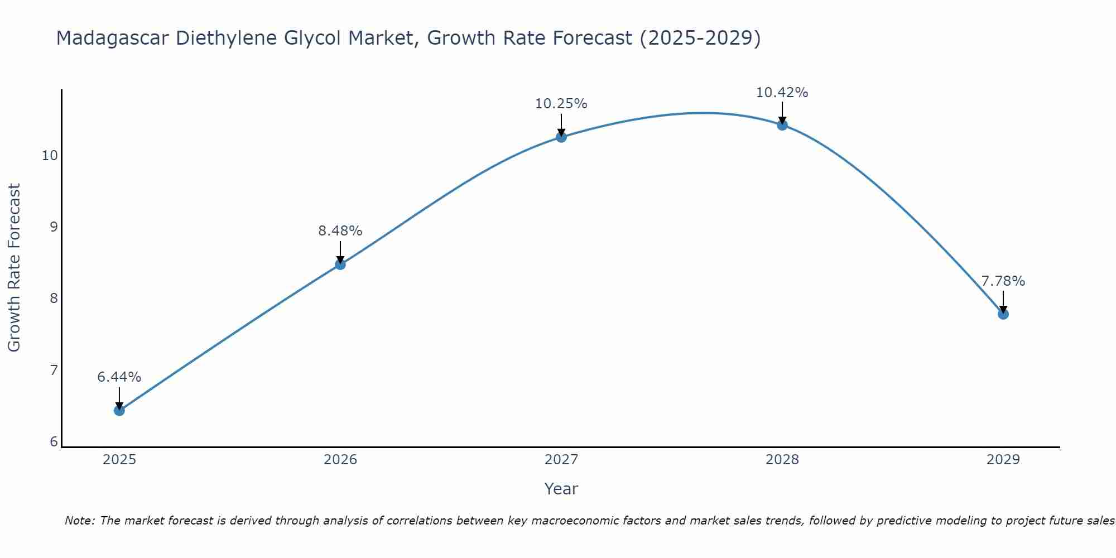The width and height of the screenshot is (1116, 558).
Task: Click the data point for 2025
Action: click(x=119, y=411)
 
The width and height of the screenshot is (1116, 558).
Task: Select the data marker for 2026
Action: click(x=340, y=264)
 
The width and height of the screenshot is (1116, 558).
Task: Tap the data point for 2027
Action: click(x=561, y=137)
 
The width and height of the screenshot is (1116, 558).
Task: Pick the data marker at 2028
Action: click(x=782, y=124)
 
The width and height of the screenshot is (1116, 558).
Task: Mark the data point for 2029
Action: click(x=1003, y=314)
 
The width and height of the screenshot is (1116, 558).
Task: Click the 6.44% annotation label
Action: click(x=119, y=377)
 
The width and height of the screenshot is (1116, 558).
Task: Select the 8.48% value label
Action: click(x=340, y=230)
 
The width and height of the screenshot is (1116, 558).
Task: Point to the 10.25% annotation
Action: click(x=561, y=104)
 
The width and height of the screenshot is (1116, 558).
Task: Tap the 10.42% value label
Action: click(x=782, y=93)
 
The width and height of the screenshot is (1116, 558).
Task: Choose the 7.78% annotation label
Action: click(x=1003, y=281)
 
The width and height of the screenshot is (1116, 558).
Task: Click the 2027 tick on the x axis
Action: click(x=561, y=460)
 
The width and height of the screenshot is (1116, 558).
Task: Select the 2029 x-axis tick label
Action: click(x=1003, y=460)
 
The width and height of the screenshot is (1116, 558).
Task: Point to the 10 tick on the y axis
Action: click(x=50, y=156)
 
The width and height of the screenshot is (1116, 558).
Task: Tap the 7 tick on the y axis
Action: click(x=54, y=371)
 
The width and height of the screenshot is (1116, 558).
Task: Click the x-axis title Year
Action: click(x=561, y=489)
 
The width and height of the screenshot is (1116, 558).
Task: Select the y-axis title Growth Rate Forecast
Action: click(x=15, y=268)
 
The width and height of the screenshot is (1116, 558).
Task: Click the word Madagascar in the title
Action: click(x=113, y=38)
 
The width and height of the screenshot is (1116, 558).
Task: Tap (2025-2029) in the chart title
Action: click(x=700, y=38)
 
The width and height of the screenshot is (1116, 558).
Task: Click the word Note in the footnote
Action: click(x=79, y=521)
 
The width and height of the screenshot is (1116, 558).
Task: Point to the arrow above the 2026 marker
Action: click(x=340, y=251)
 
